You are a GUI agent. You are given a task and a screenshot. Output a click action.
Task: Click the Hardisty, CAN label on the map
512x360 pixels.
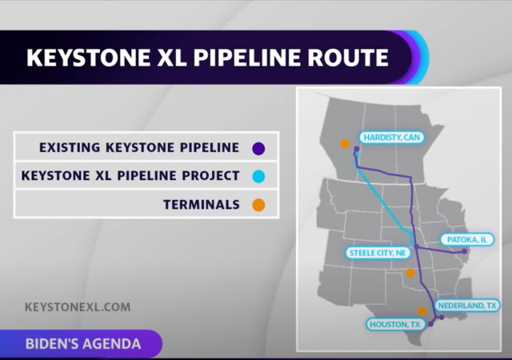point(390,137)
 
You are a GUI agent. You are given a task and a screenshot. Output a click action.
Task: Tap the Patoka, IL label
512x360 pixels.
point(467,239)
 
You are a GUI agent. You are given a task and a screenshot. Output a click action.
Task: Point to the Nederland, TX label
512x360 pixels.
point(468,306)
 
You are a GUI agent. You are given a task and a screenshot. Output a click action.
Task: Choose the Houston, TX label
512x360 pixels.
point(394,324)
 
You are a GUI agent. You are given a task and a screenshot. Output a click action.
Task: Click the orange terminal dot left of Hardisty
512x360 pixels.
point(345,144)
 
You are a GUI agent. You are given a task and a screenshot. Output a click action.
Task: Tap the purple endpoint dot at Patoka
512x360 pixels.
point(464,250)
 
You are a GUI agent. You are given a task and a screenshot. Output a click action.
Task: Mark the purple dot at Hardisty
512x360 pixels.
point(357,148)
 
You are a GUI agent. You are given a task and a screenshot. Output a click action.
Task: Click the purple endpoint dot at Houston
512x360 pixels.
point(430,324)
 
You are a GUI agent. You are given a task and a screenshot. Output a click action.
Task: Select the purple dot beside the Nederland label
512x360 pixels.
point(441,316)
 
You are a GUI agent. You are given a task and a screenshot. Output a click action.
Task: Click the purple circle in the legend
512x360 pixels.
point(258,147)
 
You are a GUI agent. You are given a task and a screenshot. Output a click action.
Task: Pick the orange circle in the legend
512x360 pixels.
point(258,205)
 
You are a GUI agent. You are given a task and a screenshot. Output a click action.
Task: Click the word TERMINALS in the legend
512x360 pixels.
point(202,205)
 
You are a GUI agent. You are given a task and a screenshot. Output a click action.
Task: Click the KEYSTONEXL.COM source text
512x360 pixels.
point(78,306)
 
